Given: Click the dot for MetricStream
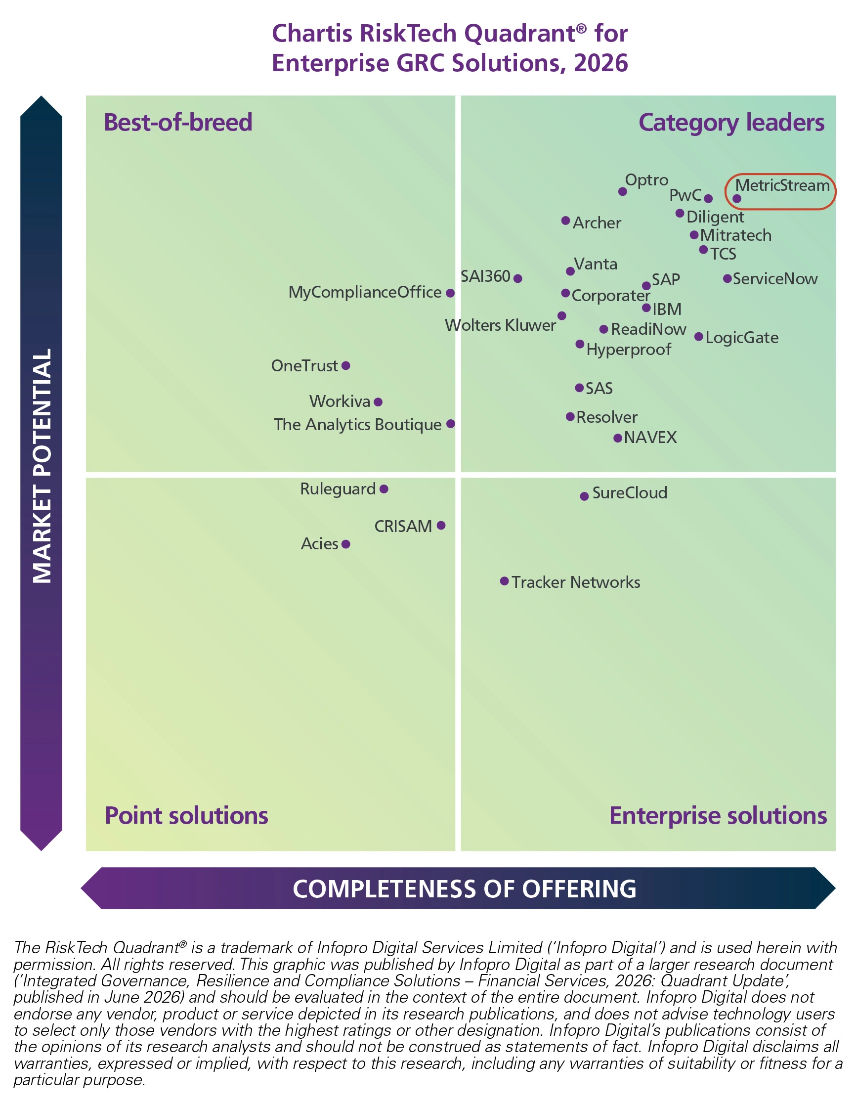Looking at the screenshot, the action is pyautogui.click(x=737, y=199).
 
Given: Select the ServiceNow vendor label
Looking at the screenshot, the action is pyautogui.click(x=775, y=279).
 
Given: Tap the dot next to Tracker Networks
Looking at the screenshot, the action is pyautogui.click(x=504, y=581).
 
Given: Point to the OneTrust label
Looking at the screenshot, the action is pyautogui.click(x=304, y=365).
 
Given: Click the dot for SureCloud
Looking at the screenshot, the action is pyautogui.click(x=584, y=496).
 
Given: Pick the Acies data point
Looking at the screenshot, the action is pyautogui.click(x=345, y=544).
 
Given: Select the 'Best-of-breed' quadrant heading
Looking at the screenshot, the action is pyautogui.click(x=178, y=123).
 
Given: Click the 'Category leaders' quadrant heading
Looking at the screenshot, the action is pyautogui.click(x=731, y=123).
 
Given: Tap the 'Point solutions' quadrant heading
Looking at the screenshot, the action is pyautogui.click(x=186, y=816).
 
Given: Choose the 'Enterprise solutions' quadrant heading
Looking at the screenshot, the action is pyautogui.click(x=718, y=817).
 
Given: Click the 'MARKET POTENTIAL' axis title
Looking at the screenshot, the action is pyautogui.click(x=42, y=465).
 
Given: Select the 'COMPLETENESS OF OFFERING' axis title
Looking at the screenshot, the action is pyautogui.click(x=464, y=889).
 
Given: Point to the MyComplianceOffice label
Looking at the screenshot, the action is pyautogui.click(x=365, y=292).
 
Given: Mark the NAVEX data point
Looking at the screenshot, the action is pyautogui.click(x=617, y=438).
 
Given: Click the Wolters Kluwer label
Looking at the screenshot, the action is pyautogui.click(x=500, y=325).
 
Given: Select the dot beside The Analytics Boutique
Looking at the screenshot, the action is pyautogui.click(x=451, y=424).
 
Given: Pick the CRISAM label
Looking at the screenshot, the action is pyautogui.click(x=403, y=527).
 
